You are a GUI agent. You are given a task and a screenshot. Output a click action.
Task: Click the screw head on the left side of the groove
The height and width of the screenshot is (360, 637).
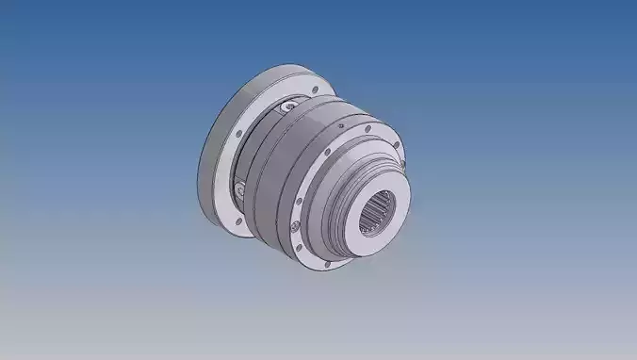point(242,190)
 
